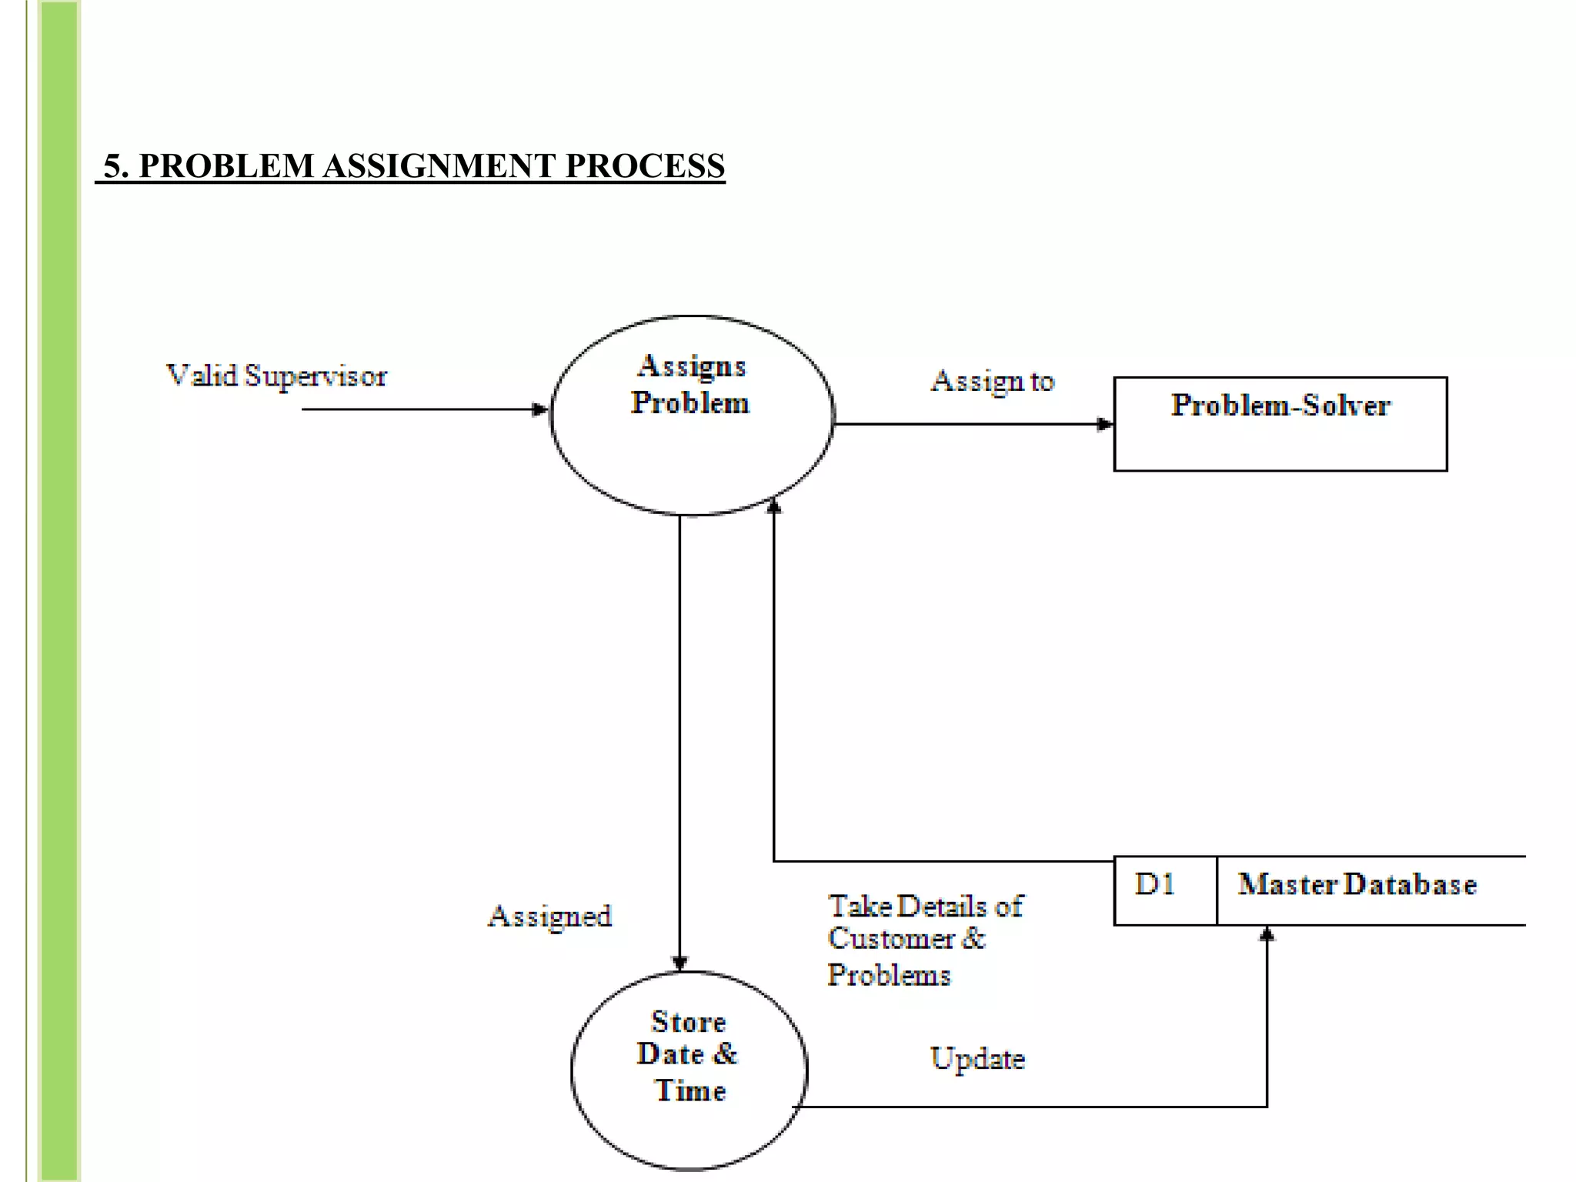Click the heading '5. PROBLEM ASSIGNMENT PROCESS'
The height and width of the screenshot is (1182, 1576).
tap(414, 166)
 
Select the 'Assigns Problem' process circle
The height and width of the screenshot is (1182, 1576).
tap(692, 416)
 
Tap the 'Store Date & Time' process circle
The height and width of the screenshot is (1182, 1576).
tap(689, 1070)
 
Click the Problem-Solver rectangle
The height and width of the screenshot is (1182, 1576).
tap(1280, 424)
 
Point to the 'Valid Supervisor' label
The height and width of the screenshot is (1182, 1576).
tap(276, 376)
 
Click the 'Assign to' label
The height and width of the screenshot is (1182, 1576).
tap(992, 381)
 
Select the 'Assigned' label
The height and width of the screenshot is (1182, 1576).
tap(550, 917)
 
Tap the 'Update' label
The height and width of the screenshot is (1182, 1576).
tap(977, 1060)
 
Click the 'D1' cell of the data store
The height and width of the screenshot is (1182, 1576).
tap(1155, 885)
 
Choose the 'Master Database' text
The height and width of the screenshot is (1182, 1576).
tap(1357, 885)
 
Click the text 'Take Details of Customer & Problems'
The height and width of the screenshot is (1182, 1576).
tap(923, 940)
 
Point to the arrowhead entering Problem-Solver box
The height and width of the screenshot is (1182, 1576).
tap(1104, 424)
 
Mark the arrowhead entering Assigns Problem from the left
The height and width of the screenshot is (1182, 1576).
tap(540, 409)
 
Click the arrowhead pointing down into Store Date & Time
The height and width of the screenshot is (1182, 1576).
tap(679, 963)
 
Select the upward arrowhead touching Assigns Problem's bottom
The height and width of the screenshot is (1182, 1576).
tap(774, 506)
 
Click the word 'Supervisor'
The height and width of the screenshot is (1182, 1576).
tap(316, 376)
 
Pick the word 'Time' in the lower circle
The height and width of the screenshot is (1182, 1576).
tap(690, 1091)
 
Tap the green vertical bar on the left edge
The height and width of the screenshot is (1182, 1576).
tap(59, 591)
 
